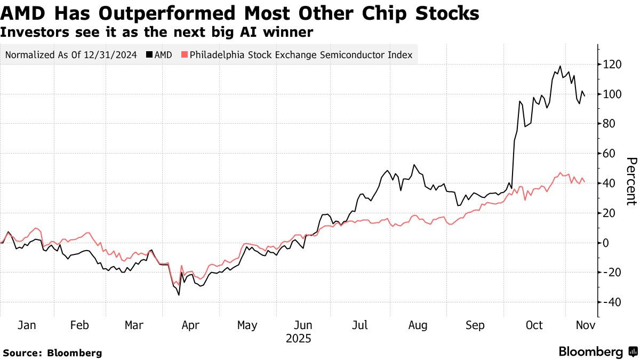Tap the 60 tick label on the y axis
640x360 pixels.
[x=610, y=154]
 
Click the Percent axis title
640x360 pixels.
[x=631, y=181]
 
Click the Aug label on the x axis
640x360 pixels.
[x=418, y=325]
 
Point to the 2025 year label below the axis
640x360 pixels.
[x=299, y=339]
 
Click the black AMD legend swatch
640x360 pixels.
[x=149, y=55]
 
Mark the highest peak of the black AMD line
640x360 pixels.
[x=560, y=66]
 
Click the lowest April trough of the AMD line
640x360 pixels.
[x=179, y=295]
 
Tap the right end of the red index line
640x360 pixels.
[x=585, y=182]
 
